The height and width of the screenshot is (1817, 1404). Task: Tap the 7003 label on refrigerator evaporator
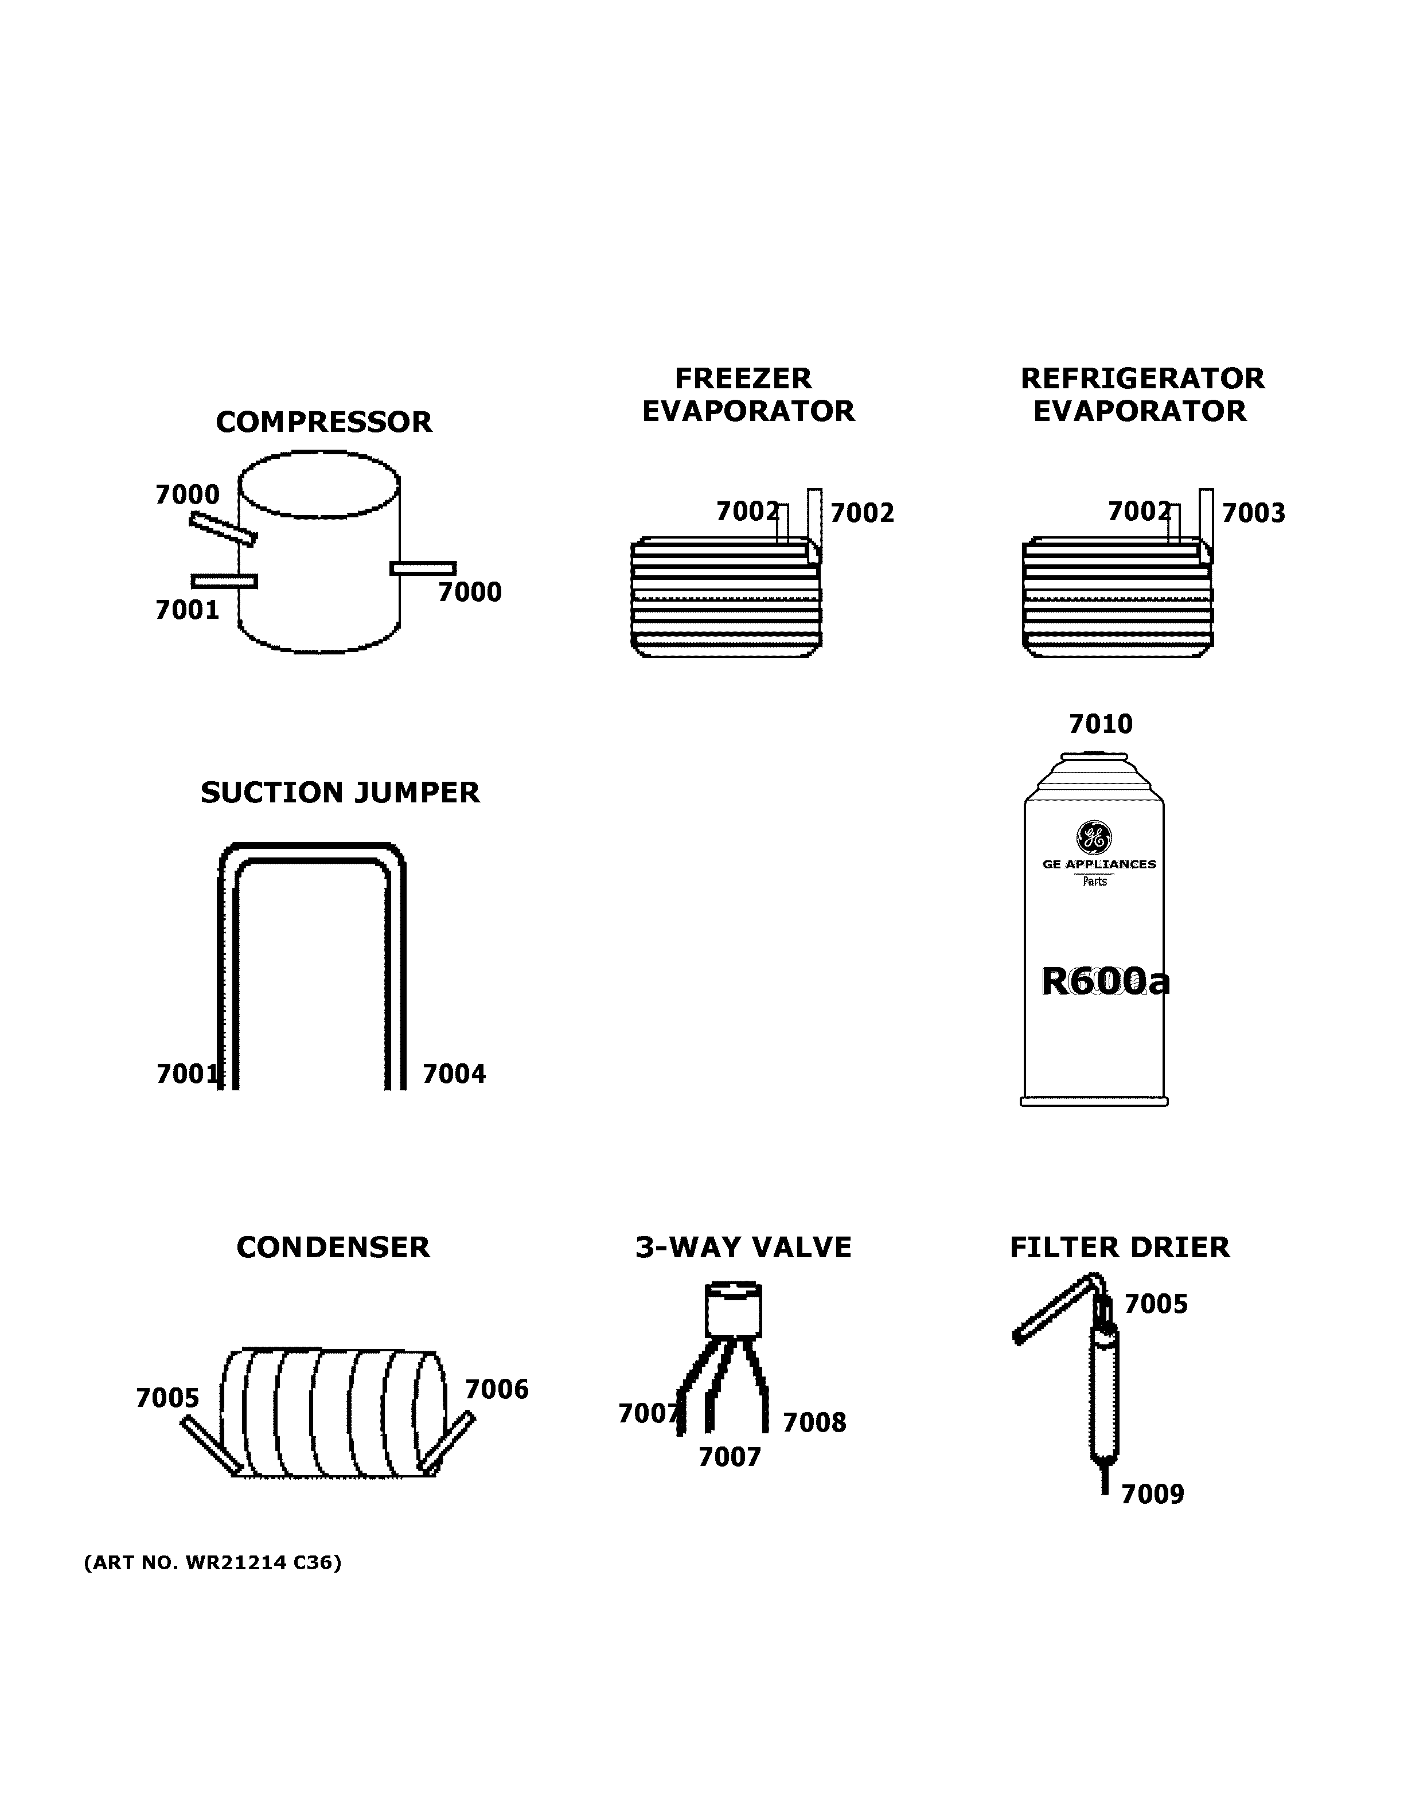point(1253,513)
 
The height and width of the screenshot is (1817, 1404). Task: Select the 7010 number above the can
point(1101,724)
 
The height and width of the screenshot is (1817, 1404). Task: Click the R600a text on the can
point(1105,982)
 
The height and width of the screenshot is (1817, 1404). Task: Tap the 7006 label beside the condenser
point(497,1389)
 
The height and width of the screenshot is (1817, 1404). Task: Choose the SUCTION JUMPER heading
point(340,793)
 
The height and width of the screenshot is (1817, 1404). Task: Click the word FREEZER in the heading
point(743,379)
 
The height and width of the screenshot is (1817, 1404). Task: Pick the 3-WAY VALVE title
point(743,1248)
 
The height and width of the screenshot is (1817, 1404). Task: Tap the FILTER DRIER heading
point(1119,1248)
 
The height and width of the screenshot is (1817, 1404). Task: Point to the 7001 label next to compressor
point(187,611)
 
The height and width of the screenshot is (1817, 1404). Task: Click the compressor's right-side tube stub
point(423,568)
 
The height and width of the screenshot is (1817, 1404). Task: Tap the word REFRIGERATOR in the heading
point(1141,379)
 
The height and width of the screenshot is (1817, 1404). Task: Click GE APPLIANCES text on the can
point(1099,864)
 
